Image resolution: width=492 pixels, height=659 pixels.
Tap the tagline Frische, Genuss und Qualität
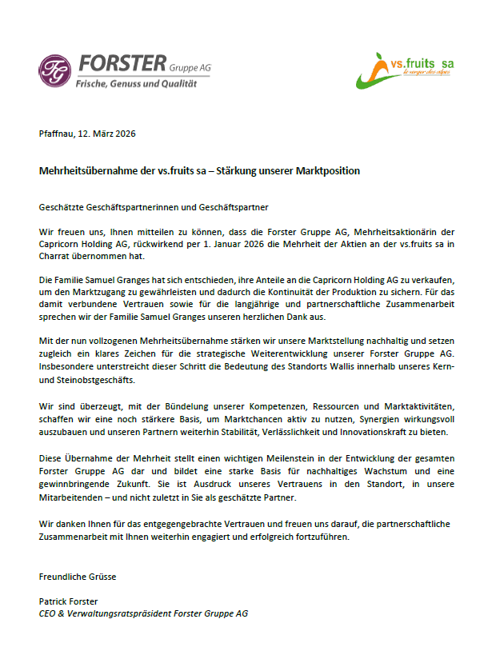click(136, 84)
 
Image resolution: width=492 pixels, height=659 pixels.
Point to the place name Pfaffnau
click(57, 134)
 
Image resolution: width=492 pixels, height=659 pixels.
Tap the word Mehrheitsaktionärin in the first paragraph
click(375, 231)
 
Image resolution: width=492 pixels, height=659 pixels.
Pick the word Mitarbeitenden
click(71, 497)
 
